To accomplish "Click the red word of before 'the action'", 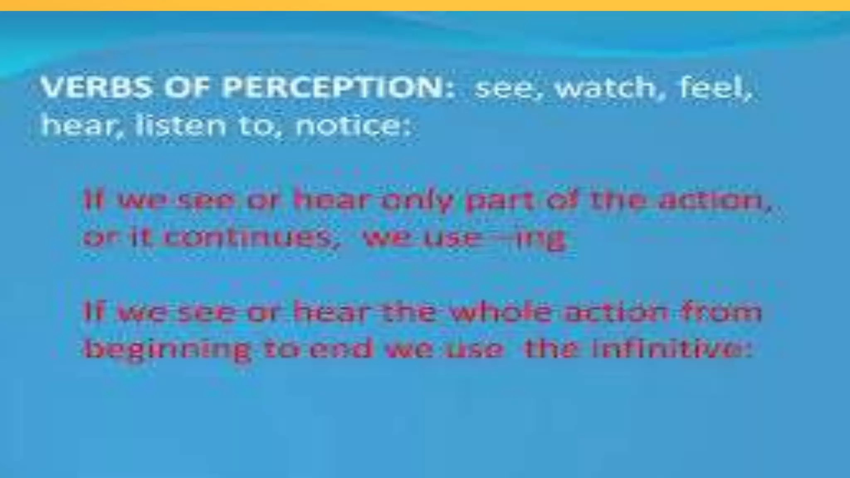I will (562, 201).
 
